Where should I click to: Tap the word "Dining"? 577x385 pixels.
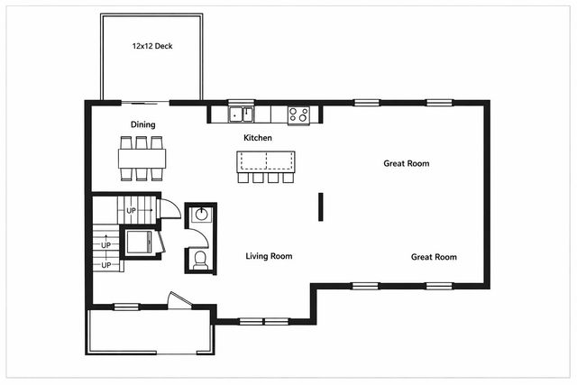point(142,124)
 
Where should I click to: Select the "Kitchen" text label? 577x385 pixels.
point(258,137)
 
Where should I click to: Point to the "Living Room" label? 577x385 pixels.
point(269,256)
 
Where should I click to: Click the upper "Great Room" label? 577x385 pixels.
point(406,164)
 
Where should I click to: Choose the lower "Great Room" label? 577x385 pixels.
point(434,257)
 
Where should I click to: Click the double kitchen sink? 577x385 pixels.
point(240,115)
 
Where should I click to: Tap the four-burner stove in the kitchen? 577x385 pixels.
point(298,115)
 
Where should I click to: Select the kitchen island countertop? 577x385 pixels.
point(266,160)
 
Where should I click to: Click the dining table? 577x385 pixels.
point(142,159)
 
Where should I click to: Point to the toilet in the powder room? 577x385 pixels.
point(200,260)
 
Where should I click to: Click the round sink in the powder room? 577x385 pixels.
point(201,215)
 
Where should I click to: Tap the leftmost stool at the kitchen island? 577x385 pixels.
point(243,178)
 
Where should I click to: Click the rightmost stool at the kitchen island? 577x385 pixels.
point(288,178)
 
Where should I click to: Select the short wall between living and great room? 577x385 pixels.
point(319,206)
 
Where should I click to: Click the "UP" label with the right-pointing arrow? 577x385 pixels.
point(133,211)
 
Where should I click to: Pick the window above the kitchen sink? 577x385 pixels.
point(240,102)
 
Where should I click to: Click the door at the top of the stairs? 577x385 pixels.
point(167,208)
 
